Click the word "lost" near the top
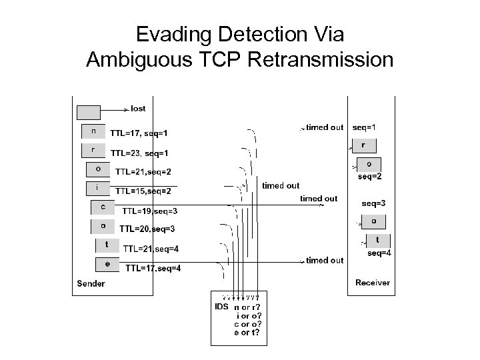pos(138,109)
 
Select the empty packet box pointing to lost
pos(89,112)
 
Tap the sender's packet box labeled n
pos(93,131)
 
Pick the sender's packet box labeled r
pos(93,150)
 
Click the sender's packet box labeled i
pos(98,188)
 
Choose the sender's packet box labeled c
pos(103,207)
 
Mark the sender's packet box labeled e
pos(107,265)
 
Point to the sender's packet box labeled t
pos(107,245)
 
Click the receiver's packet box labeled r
pos(363,145)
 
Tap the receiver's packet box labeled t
pos(377,240)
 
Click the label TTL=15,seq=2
pos(143,191)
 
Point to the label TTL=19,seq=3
pos(149,211)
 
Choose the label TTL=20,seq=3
pos(147,229)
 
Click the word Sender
pos(91,283)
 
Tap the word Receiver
pos(373,283)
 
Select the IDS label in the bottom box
pos(221,307)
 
